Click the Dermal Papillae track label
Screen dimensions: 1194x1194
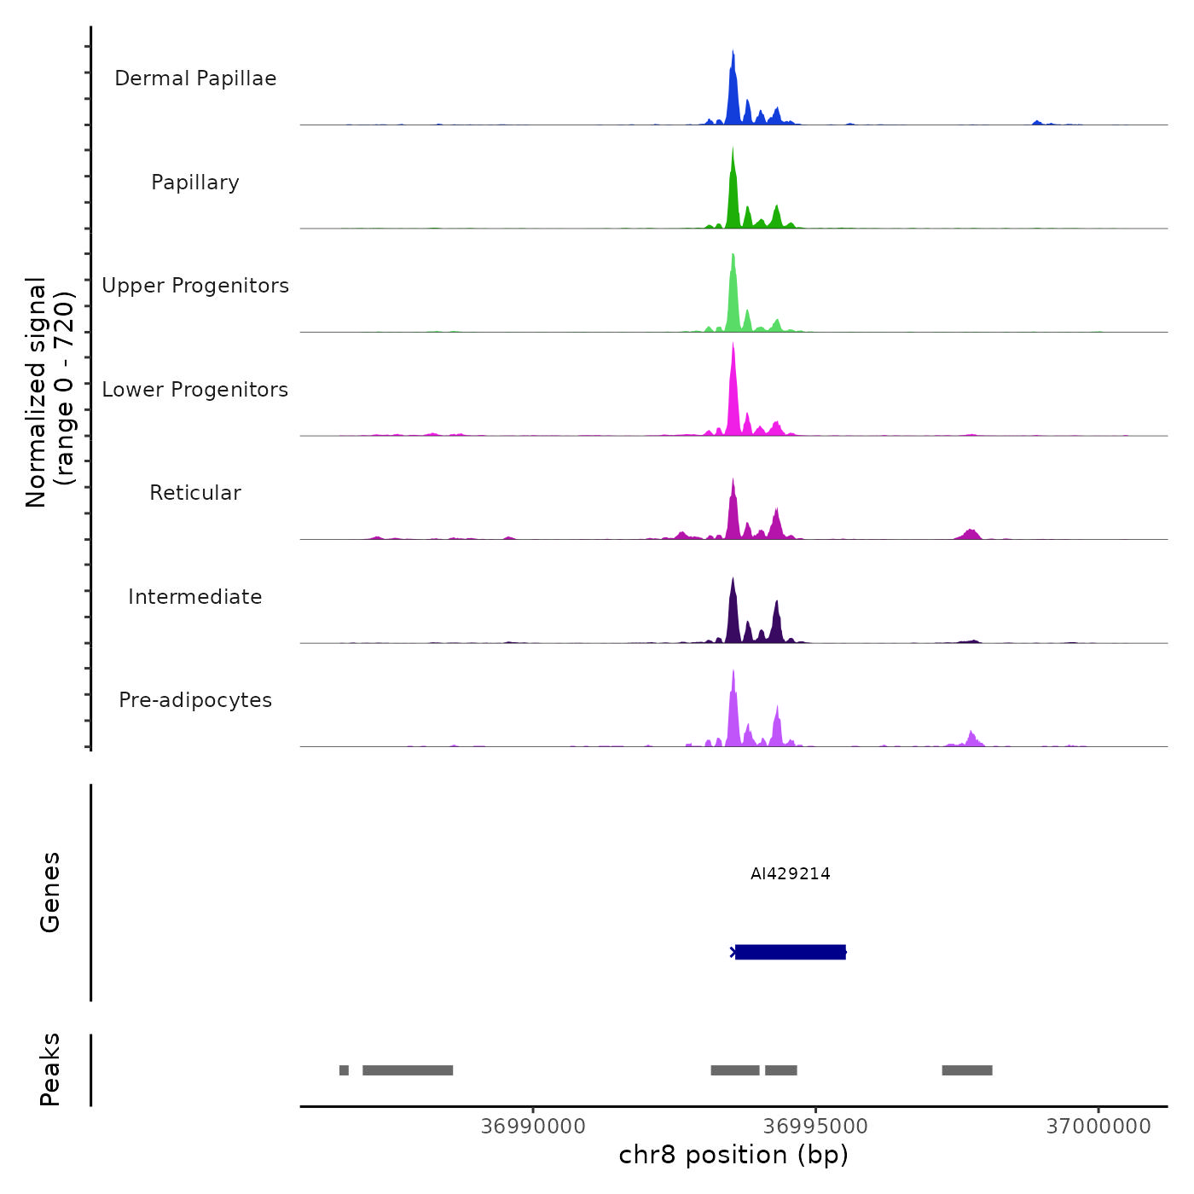(195, 78)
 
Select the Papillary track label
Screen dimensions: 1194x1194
(195, 183)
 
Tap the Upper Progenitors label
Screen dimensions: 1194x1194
(195, 286)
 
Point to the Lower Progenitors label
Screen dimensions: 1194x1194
(195, 390)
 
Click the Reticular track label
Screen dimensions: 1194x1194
(195, 493)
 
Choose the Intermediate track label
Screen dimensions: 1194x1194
(195, 597)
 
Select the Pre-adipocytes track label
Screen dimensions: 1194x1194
(195, 700)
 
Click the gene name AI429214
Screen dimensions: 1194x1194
(791, 873)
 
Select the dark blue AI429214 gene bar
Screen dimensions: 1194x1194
(791, 952)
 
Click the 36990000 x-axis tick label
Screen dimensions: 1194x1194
(533, 1127)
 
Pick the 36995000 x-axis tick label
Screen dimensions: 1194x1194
(815, 1127)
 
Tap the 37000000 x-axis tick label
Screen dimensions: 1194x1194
(1098, 1127)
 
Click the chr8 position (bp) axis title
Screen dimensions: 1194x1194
(733, 1155)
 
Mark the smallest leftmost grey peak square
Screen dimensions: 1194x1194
(344, 1070)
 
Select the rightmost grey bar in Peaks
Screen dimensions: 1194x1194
(967, 1070)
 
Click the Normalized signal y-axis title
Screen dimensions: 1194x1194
(49, 391)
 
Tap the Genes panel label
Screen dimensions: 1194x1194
(50, 892)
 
